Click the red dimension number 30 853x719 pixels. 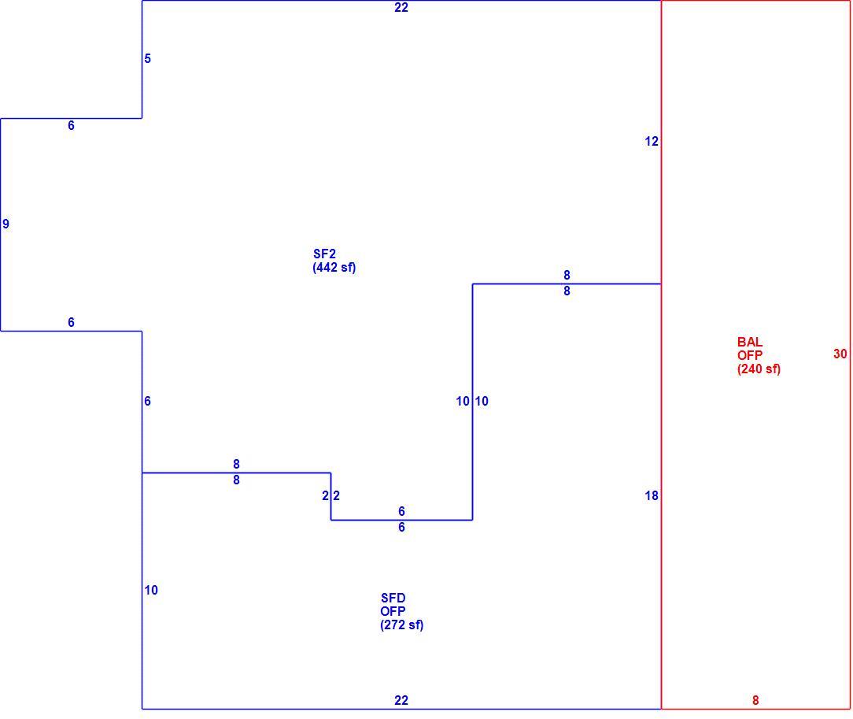point(840,354)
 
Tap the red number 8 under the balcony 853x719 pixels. point(755,701)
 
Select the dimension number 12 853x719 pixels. point(652,142)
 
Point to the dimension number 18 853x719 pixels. point(652,495)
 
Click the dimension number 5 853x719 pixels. point(147,59)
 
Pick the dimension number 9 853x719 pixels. point(6,224)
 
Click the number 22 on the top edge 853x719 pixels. point(401,8)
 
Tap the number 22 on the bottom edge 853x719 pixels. point(401,701)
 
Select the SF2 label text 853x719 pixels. point(324,254)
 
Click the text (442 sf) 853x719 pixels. point(334,267)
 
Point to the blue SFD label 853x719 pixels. point(393,598)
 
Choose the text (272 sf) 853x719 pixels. point(401,624)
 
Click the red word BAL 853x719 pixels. point(750,342)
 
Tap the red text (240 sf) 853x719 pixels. point(759,369)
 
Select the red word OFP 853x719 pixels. point(750,355)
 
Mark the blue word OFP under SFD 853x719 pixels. point(393,611)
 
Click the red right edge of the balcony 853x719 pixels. point(850,354)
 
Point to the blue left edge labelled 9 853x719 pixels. point(1,224)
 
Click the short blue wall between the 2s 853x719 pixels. point(330,496)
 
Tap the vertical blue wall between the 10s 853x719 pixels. point(472,402)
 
